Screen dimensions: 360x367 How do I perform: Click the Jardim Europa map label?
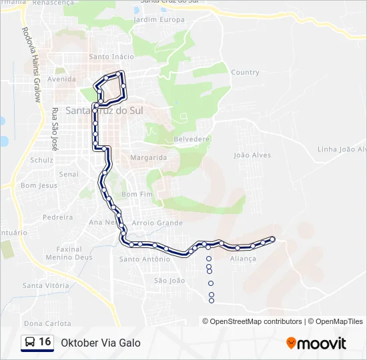(x=159, y=19)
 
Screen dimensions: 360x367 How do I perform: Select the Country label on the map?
(x=245, y=72)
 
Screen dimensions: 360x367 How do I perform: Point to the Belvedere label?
(x=192, y=139)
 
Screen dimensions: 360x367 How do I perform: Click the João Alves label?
(x=252, y=155)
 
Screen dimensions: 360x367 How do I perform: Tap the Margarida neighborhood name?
(x=149, y=157)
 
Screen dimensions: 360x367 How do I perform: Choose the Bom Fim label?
(x=137, y=193)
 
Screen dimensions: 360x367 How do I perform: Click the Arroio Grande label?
(x=157, y=223)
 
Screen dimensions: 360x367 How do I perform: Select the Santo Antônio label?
(x=144, y=259)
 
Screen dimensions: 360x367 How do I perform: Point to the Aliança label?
(x=243, y=258)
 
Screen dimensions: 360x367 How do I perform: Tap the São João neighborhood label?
(x=169, y=281)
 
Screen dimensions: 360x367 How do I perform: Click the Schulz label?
(x=42, y=160)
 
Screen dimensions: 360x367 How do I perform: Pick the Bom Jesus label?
(x=39, y=185)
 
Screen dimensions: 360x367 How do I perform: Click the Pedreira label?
(x=57, y=217)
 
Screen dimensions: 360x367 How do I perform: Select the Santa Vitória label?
(x=46, y=285)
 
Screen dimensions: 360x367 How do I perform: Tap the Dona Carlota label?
(x=47, y=323)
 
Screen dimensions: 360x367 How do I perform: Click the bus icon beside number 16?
(x=30, y=343)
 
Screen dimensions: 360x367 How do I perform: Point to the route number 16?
(x=45, y=342)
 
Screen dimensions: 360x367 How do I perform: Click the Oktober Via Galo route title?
(x=101, y=343)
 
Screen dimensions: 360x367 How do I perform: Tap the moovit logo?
(x=316, y=343)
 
